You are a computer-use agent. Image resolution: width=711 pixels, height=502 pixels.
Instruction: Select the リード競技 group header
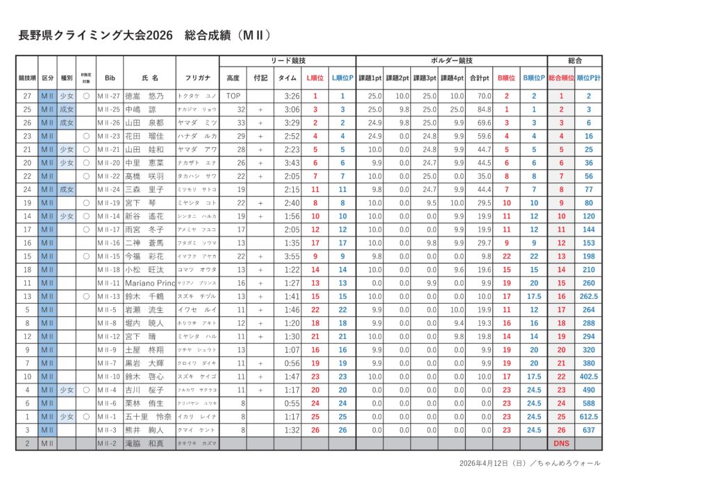(x=287, y=61)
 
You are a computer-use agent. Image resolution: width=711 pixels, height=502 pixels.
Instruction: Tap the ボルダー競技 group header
(x=451, y=61)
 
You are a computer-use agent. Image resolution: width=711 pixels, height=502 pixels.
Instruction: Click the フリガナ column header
(x=197, y=78)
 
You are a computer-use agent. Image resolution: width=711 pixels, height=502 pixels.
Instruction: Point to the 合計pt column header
(x=478, y=78)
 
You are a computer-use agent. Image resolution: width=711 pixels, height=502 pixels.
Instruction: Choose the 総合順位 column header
(x=561, y=78)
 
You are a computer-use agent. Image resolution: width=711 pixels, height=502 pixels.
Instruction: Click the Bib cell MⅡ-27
(x=109, y=96)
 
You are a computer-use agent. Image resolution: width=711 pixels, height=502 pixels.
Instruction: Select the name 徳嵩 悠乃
(x=144, y=96)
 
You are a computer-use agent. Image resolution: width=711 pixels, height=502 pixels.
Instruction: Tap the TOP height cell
(x=233, y=96)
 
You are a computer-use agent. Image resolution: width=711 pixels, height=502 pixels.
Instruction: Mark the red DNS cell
(x=561, y=443)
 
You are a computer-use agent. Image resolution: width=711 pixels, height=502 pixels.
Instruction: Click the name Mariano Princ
(x=150, y=283)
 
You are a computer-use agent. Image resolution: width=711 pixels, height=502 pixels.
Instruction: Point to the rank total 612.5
(x=589, y=417)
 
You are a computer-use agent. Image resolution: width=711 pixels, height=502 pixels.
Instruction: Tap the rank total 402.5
(x=589, y=376)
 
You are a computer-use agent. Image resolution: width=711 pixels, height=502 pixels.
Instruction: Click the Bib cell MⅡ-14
(x=109, y=216)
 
